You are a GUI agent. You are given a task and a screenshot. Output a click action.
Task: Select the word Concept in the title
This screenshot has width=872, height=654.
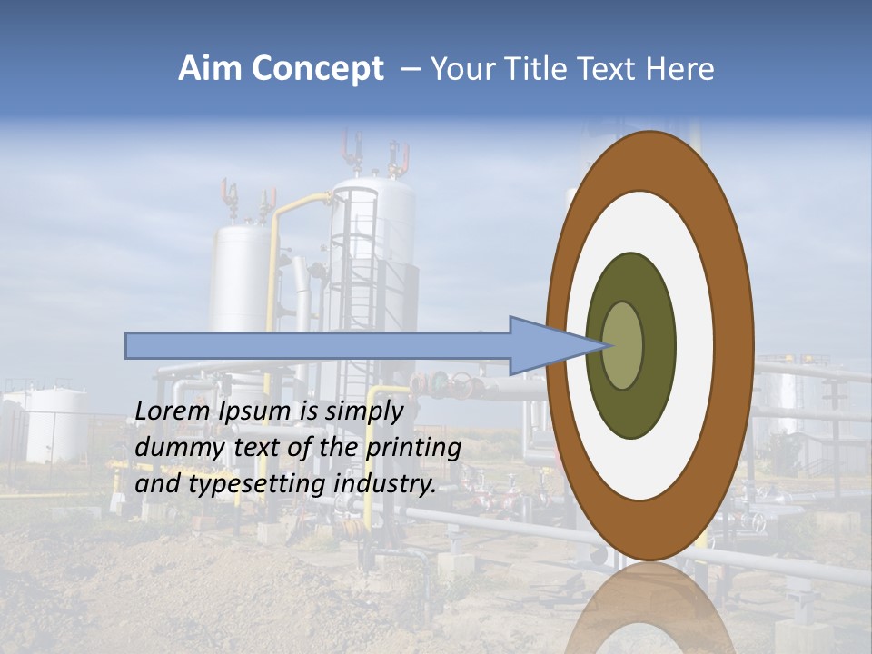[x=317, y=69]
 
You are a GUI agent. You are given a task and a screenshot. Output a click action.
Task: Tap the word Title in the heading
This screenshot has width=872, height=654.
[x=540, y=69]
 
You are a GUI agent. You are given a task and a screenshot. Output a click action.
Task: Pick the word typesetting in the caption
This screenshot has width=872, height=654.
[x=258, y=484]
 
